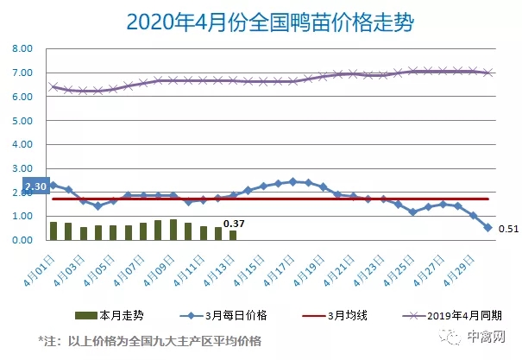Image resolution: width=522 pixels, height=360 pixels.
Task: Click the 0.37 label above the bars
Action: point(234,224)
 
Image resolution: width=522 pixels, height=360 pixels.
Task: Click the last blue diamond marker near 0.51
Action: point(488,228)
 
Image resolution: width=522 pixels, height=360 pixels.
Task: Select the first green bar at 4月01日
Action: point(53,231)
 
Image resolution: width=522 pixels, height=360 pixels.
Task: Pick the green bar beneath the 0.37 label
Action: point(232,235)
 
